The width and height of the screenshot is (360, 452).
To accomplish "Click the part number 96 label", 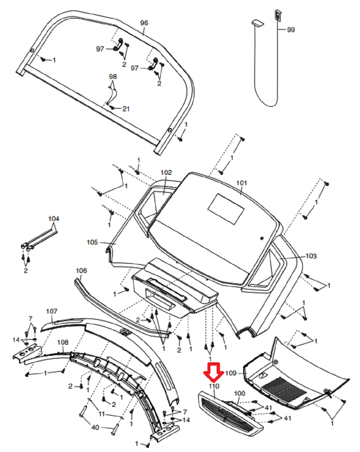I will pos(144,23).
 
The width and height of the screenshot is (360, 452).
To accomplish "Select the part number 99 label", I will pos(291,30).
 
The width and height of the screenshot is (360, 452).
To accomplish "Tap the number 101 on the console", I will pos(242,183).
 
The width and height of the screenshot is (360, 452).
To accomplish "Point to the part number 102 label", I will pos(166,172).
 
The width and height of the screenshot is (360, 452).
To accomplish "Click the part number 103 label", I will pos(311,256).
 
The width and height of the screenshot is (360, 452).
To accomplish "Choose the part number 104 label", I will pos(54,219).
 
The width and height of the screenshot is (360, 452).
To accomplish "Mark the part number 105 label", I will pos(92,242).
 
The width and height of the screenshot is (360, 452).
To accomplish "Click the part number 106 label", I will pos(81,271).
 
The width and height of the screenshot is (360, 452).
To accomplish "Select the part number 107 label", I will pos(52,311).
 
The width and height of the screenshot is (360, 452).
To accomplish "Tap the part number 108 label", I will pos(63,342).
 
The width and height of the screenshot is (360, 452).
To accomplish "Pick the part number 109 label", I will pos(231,373).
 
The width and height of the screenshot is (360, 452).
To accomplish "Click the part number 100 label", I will pos(240,393).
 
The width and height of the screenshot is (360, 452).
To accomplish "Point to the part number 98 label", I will pos(113,77).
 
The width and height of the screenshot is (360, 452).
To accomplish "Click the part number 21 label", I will pos(126,109).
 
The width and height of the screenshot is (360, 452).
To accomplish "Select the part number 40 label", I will pos(95,427).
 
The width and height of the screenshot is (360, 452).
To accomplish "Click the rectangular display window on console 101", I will pos(226,209).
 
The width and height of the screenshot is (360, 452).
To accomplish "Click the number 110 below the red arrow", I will pos(214,386).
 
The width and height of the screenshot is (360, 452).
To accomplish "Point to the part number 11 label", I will pos(102,414).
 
